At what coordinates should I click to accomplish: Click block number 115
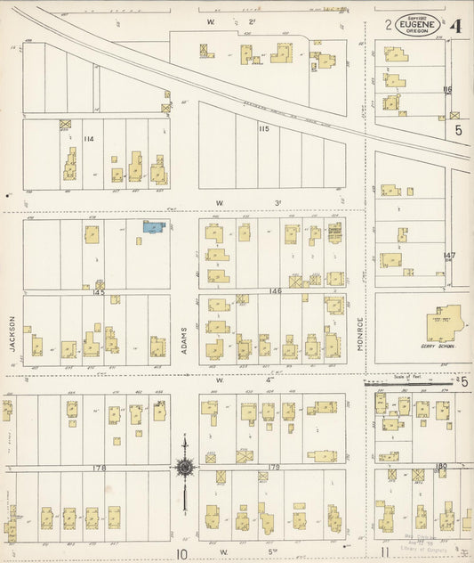coord(263,130)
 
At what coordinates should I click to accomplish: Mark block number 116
coord(447,89)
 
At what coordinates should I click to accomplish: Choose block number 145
coord(98,292)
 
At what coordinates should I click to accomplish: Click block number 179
coord(274,467)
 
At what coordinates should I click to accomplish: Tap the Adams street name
coord(184,338)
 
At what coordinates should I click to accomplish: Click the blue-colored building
coord(156,227)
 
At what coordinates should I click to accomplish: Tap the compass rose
coord(184,466)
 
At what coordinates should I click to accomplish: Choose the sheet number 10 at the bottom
coord(181,553)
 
